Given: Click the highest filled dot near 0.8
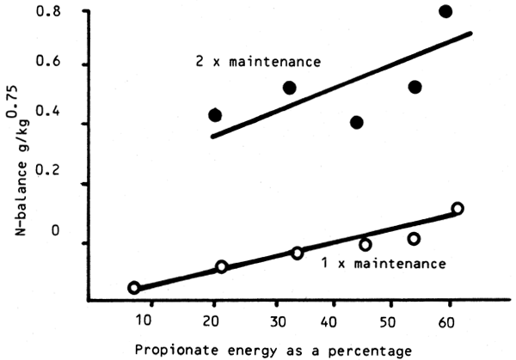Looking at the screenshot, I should click(445, 11).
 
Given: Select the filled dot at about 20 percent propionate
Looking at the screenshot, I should click(215, 115).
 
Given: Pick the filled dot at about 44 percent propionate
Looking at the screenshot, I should click(357, 122).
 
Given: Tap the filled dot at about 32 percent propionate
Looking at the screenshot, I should click(290, 88).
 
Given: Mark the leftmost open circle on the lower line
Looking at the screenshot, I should click(133, 287).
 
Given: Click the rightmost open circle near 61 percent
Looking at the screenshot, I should click(458, 209).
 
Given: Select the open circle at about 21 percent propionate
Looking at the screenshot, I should click(221, 266).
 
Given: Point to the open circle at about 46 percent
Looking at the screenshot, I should click(365, 245).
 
